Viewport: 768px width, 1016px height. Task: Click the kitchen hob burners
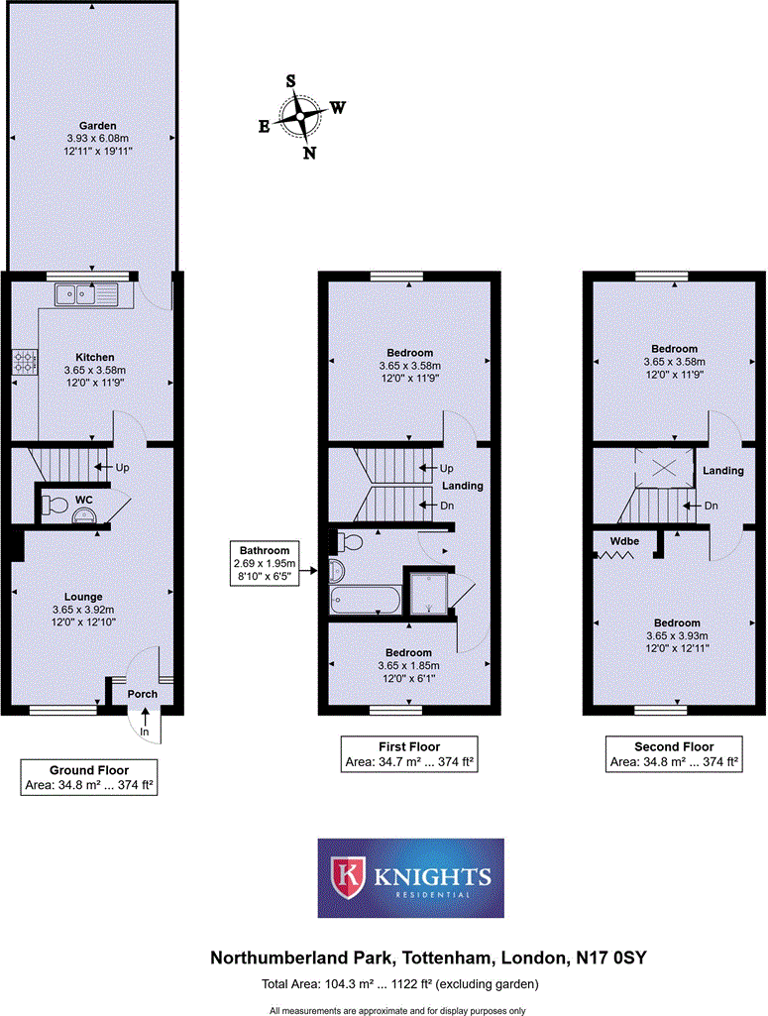point(24,362)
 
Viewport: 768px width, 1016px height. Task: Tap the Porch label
point(142,694)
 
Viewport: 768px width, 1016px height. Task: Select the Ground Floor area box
point(89,778)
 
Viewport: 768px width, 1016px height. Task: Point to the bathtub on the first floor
point(365,600)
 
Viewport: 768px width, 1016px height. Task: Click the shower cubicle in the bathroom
point(428,591)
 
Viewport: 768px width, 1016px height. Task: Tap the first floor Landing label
point(462,486)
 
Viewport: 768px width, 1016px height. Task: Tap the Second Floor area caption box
point(674,754)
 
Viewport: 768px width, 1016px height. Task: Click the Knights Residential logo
point(410,877)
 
